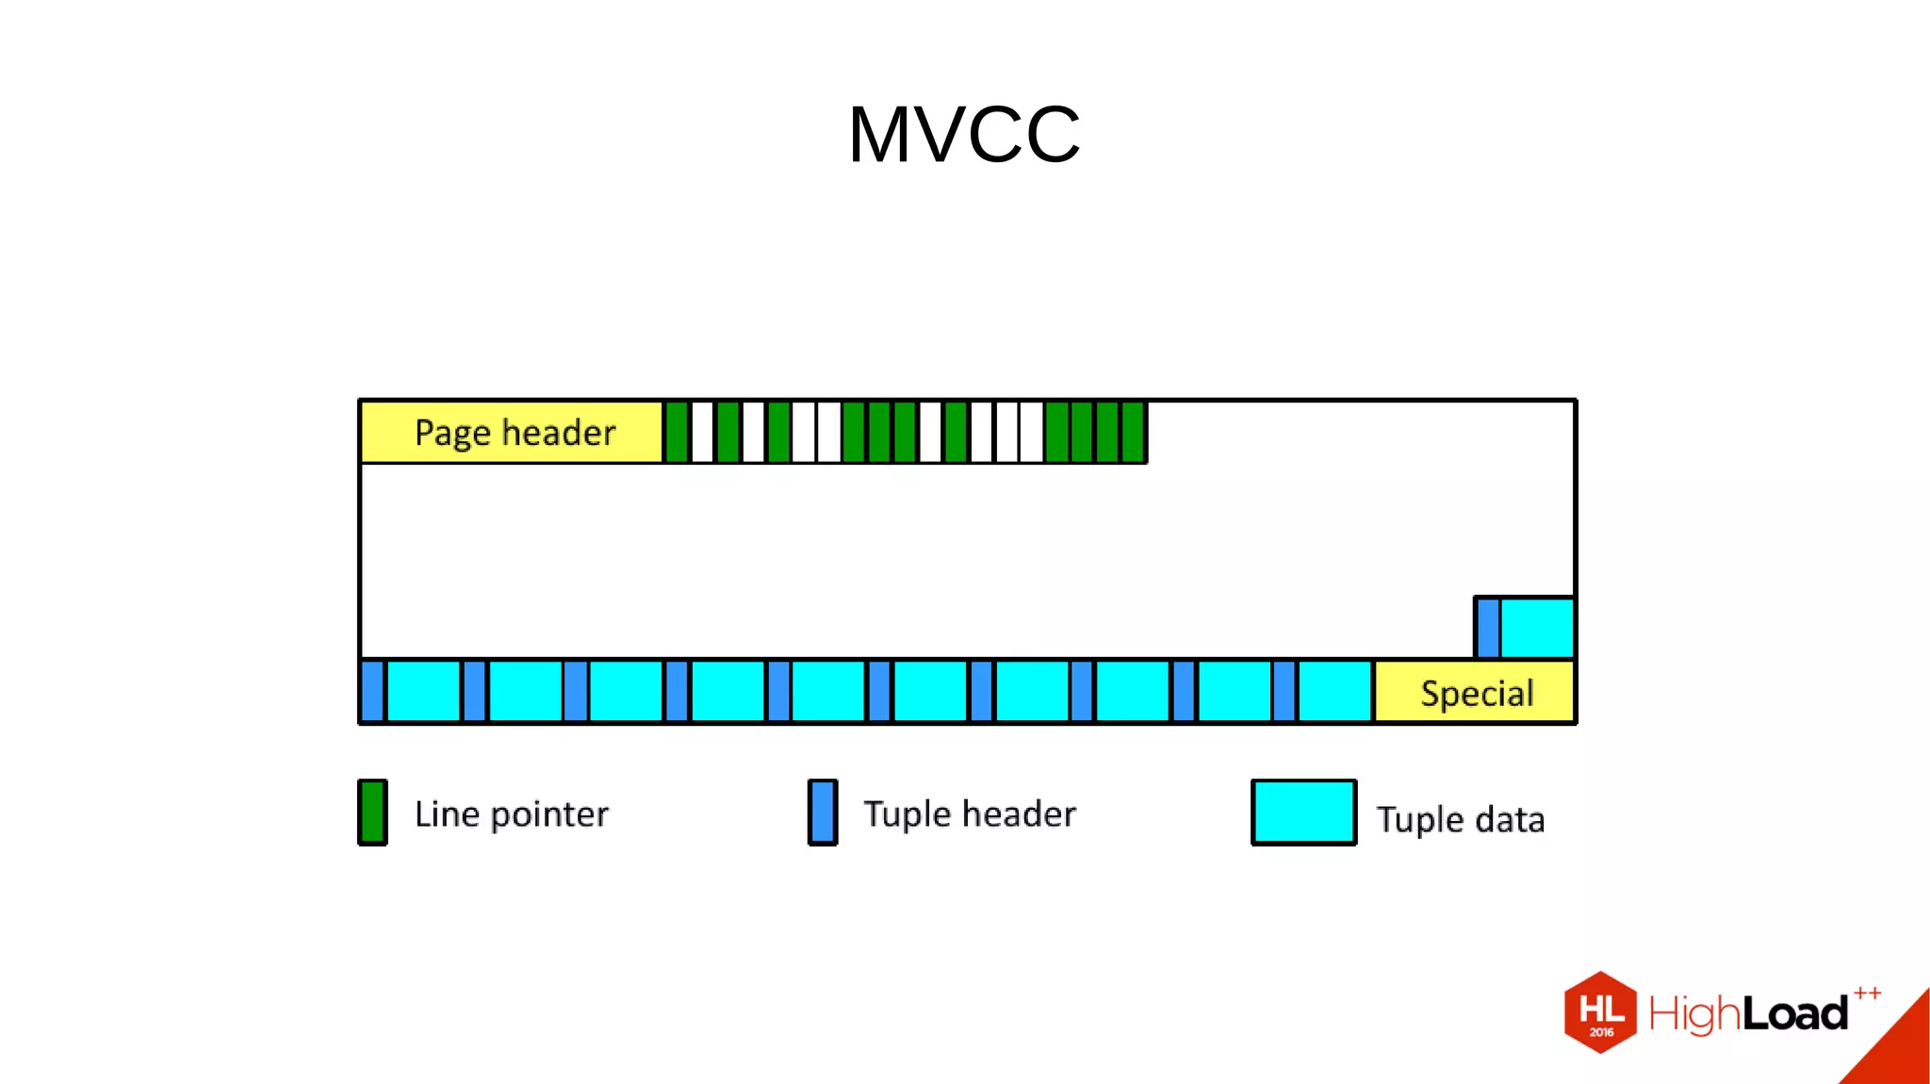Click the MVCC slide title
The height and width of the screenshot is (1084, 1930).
click(x=964, y=135)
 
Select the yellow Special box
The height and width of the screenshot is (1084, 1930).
click(x=1475, y=693)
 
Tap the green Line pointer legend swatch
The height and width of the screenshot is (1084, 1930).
click(x=372, y=813)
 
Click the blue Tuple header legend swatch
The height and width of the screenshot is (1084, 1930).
click(x=823, y=813)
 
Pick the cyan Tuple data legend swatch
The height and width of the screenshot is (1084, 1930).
click(x=1303, y=813)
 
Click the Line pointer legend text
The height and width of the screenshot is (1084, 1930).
click(x=512, y=814)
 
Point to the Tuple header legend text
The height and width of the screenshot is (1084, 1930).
click(x=970, y=814)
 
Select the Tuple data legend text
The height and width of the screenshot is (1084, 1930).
click(x=1460, y=819)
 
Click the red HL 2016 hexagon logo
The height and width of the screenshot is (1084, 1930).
click(x=1600, y=1012)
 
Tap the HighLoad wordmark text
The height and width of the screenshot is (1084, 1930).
click(x=1748, y=1014)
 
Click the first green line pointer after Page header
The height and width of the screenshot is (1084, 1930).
click(x=677, y=433)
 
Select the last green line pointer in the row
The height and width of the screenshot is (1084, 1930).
click(x=1133, y=433)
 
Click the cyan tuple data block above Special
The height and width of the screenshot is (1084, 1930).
click(x=1536, y=628)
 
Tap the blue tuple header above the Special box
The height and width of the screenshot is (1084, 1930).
click(x=1488, y=628)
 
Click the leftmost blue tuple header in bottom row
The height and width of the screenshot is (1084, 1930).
click(x=373, y=692)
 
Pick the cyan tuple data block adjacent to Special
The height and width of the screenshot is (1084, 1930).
click(x=1334, y=692)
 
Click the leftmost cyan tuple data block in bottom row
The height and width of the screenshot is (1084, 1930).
click(x=424, y=692)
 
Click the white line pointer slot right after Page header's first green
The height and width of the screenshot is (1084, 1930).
click(x=703, y=433)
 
